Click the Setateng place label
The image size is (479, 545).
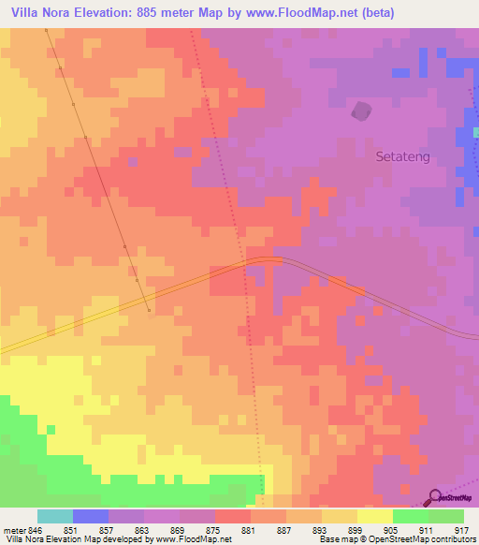point(402,157)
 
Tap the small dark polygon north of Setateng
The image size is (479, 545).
point(360,111)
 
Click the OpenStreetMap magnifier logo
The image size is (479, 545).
point(436,497)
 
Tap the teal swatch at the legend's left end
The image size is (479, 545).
point(55,516)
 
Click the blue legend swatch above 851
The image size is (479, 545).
point(91,516)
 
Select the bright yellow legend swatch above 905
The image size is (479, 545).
point(375,516)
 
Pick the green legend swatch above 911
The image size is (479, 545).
point(411,516)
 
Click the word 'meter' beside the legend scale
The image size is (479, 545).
point(11,530)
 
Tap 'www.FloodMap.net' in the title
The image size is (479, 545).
point(288,13)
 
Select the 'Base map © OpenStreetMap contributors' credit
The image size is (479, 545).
point(396,540)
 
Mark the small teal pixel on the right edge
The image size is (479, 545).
point(475,132)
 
